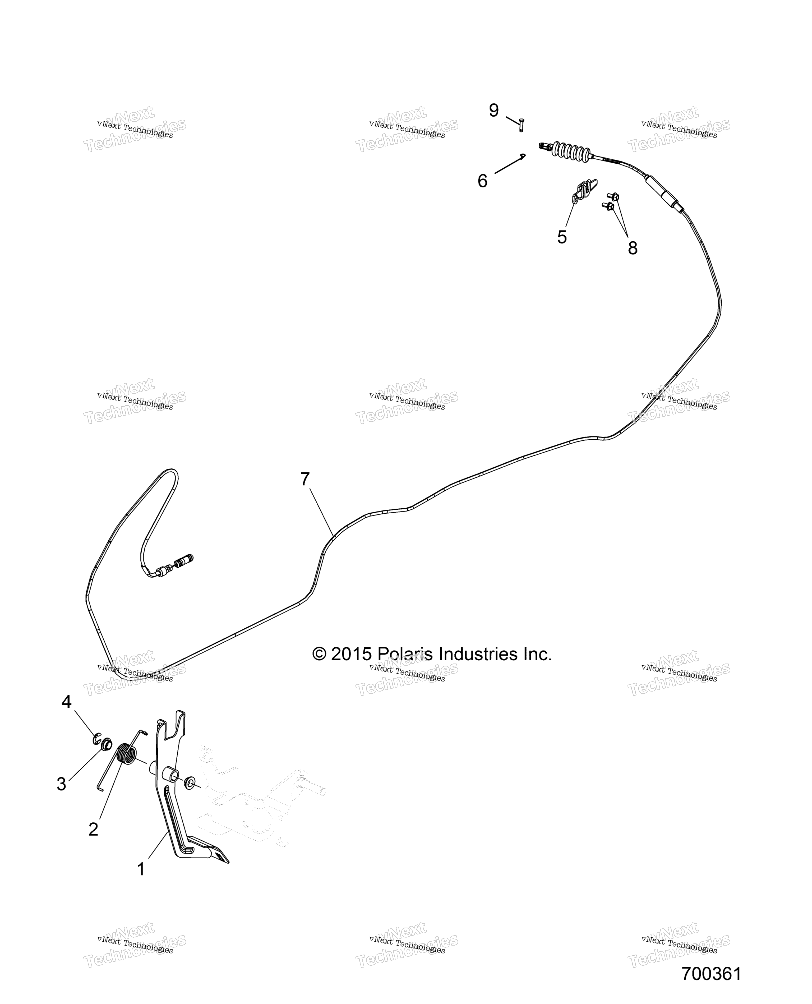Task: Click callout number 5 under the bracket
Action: (x=562, y=237)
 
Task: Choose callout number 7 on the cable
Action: (x=305, y=479)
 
